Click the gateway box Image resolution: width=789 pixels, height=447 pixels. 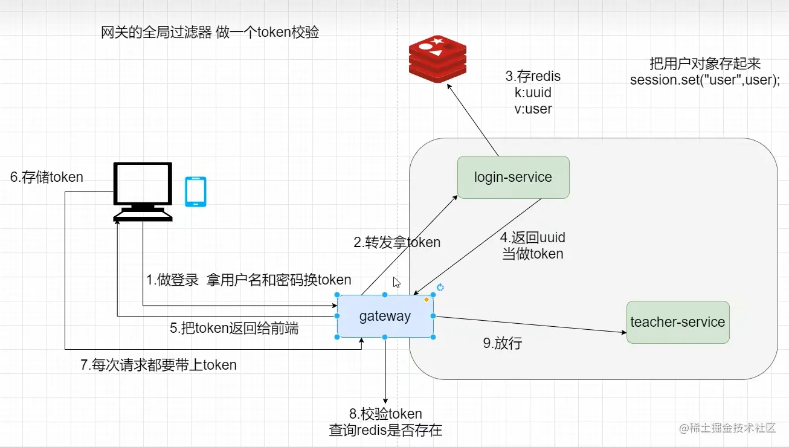[385, 316]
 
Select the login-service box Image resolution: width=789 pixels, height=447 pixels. [513, 177]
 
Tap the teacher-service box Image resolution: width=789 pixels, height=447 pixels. [677, 322]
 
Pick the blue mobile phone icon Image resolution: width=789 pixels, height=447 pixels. [195, 192]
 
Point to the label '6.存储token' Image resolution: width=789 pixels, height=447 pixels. [47, 177]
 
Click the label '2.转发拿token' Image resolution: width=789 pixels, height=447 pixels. [397, 242]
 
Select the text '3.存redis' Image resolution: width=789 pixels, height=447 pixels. [533, 77]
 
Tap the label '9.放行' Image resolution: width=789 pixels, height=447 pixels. [502, 344]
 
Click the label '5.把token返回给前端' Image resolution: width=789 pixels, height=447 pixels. [234, 329]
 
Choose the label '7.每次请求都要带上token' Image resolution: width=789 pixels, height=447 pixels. [158, 365]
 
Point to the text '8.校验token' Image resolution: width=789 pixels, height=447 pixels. [385, 414]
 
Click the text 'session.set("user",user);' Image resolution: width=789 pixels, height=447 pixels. [704, 80]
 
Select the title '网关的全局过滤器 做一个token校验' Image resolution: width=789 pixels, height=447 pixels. [210, 33]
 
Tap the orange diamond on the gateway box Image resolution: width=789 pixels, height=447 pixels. [426, 300]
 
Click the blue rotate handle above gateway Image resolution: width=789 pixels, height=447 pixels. [440, 288]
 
